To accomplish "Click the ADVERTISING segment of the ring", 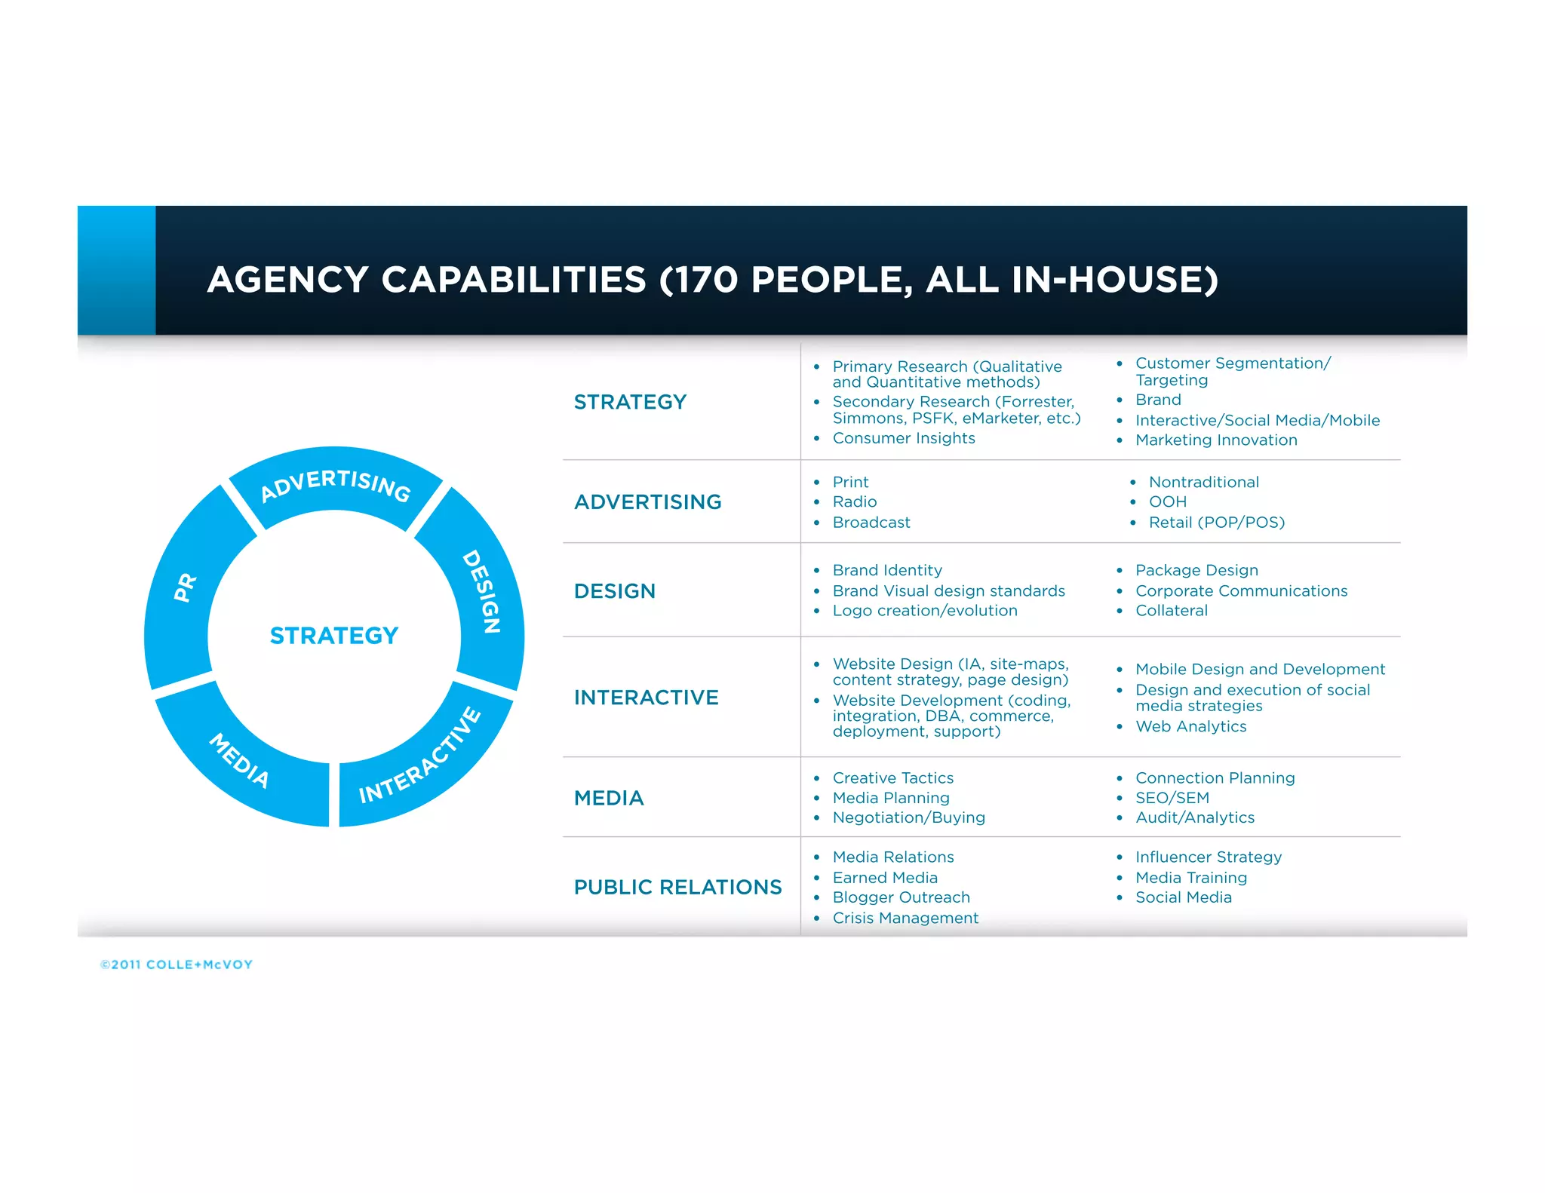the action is pos(336,486).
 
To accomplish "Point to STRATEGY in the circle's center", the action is pos(333,636).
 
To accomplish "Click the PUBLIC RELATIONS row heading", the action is pos(677,887).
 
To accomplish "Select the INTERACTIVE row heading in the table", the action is pos(646,698).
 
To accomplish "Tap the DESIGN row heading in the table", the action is pos(614,591).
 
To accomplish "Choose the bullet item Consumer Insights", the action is pos(903,438).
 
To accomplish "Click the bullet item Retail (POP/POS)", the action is pos(1216,522).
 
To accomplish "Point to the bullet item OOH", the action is pos(1167,501).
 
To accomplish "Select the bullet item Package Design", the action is pos(1196,570).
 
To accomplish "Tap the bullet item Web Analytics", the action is pos(1190,726).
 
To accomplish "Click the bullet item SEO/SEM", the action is pos(1172,798).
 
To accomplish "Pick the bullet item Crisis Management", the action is pos(905,918).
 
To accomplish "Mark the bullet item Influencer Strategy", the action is pos(1208,857).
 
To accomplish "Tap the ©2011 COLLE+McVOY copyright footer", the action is pos(177,965).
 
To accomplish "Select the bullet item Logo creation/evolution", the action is pos(925,611).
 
